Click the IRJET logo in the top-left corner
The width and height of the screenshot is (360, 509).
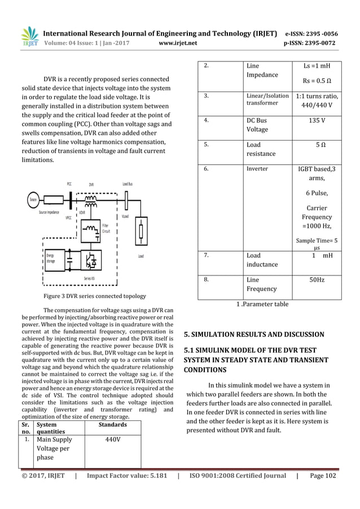click(x=29, y=38)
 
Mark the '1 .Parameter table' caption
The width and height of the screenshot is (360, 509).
click(x=262, y=304)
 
